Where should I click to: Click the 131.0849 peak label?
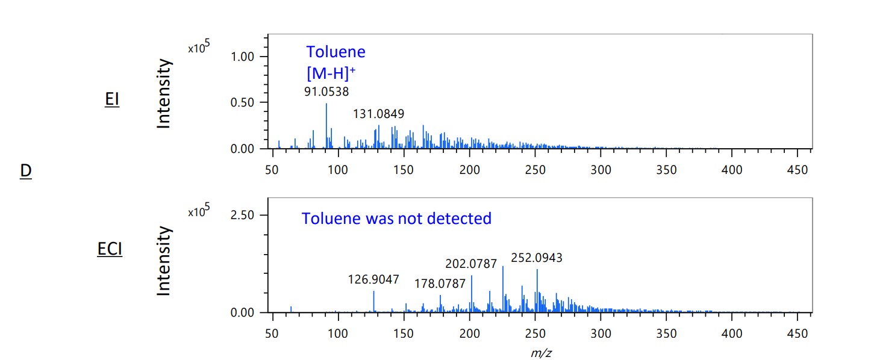coord(379,114)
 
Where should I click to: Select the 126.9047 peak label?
coord(373,279)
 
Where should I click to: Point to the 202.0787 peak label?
coord(471,264)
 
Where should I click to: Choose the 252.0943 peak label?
coord(537,258)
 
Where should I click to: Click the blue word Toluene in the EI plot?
coord(336,52)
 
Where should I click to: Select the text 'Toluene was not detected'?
coord(396,218)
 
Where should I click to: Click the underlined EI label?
coord(112,99)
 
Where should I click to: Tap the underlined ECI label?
coord(110,249)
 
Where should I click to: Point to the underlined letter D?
coord(25,171)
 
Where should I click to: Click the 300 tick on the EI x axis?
coord(601,170)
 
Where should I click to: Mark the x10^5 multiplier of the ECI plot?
coord(199,212)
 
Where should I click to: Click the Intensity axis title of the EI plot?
coord(164,94)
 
